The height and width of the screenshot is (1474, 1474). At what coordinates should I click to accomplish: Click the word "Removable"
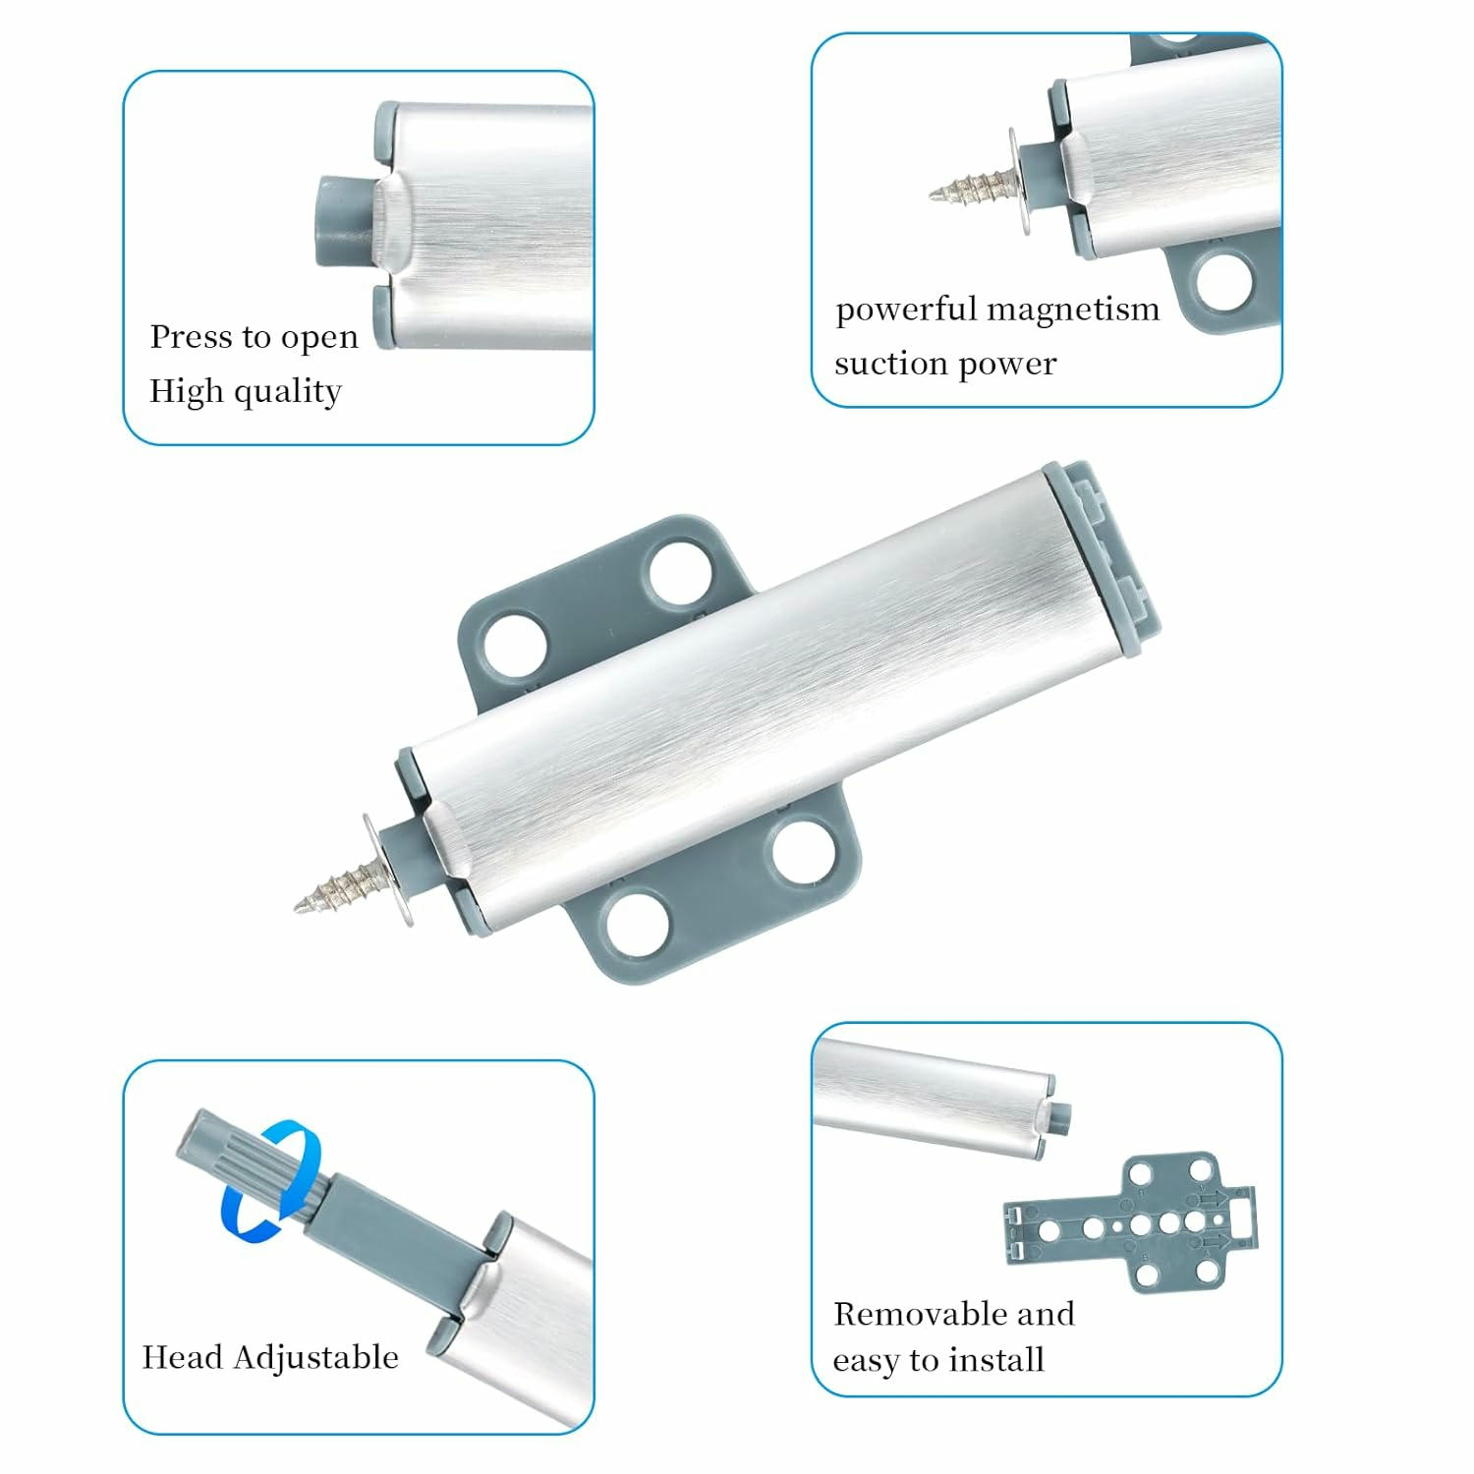coord(918,1314)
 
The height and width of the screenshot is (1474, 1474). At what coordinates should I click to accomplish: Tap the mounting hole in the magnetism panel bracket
coord(1225,280)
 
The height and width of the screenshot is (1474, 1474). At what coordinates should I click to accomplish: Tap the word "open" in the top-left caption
coord(319,340)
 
